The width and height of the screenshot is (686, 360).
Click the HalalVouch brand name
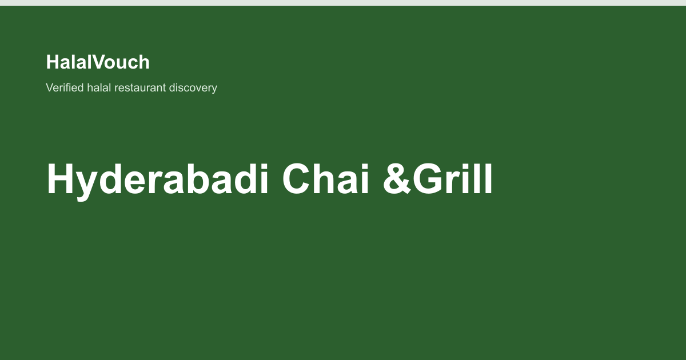(98, 62)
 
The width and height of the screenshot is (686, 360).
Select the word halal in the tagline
(99, 87)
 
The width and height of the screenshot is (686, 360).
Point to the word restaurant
(140, 88)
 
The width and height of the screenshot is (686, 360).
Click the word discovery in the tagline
(193, 88)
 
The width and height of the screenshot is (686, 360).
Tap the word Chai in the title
(325, 179)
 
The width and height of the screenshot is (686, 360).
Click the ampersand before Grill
(397, 179)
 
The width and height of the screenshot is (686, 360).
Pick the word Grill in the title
(452, 179)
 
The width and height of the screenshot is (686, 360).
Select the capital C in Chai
(297, 179)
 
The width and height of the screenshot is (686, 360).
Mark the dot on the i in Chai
(365, 166)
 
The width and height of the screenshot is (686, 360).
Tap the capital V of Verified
(50, 87)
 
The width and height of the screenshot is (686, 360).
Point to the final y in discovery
(214, 90)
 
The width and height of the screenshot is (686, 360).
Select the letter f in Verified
(70, 87)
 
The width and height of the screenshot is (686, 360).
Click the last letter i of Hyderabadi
(264, 179)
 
